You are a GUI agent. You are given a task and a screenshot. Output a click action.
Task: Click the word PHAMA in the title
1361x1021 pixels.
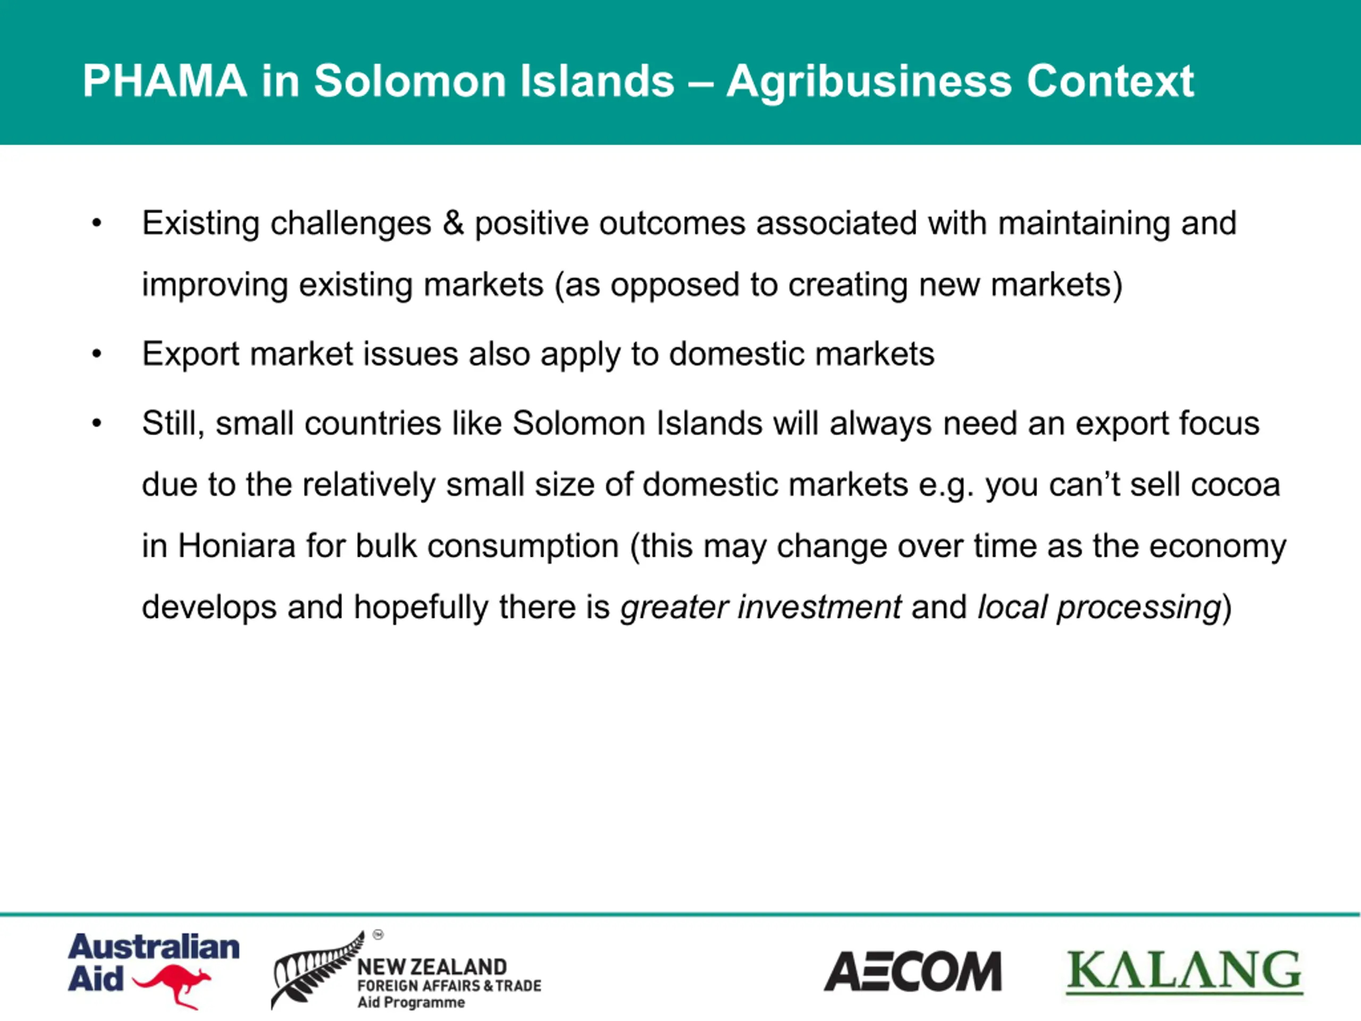coord(164,81)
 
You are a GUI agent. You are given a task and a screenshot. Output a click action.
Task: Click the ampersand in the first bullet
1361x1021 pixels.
coord(453,223)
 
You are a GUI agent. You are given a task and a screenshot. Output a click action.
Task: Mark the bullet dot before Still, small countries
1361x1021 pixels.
coord(97,424)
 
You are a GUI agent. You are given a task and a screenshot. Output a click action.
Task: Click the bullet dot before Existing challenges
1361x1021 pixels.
coord(97,223)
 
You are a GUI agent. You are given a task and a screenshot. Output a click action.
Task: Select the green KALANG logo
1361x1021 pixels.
coord(1184,971)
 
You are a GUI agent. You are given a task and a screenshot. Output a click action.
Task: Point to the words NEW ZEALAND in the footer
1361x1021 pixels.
coord(432,967)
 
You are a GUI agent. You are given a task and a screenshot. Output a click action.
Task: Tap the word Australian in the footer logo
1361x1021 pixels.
coord(154,947)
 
